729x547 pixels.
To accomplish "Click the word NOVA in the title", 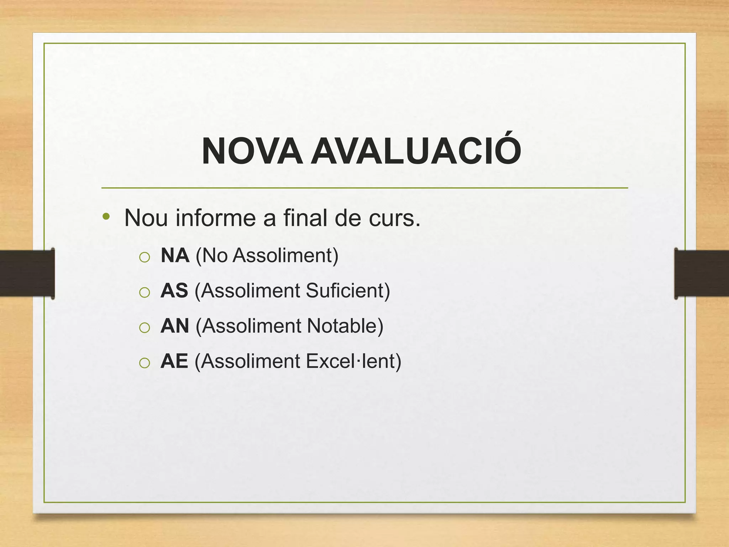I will [252, 152].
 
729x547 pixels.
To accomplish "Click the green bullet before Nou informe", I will [106, 216].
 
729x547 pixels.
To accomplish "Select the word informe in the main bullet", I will [215, 218].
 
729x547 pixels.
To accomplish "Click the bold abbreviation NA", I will [175, 255].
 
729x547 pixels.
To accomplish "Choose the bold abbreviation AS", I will [174, 291].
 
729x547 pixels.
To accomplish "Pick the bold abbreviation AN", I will [175, 326].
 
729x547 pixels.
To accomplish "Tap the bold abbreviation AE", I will [174, 361].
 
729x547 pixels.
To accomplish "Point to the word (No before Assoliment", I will [211, 255].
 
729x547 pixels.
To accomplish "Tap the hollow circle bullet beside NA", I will [145, 257].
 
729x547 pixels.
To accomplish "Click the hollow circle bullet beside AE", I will [145, 363].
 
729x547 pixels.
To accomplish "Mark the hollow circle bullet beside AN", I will [145, 328].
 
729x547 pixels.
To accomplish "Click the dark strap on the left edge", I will [27, 273].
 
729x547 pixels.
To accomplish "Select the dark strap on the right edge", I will [701, 273].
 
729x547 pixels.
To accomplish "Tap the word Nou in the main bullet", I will [146, 218].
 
